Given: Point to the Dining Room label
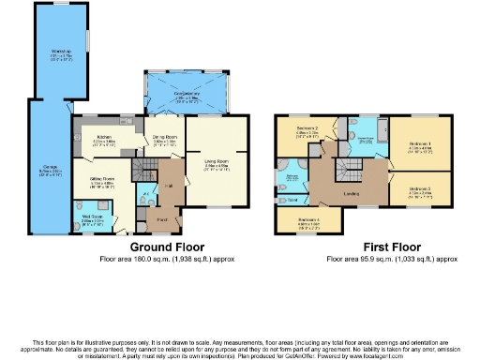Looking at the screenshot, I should point(165,142).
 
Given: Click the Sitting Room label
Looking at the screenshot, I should point(100,182).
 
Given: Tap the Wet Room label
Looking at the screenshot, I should point(92,219).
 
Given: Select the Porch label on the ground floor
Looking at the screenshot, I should point(163,221).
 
